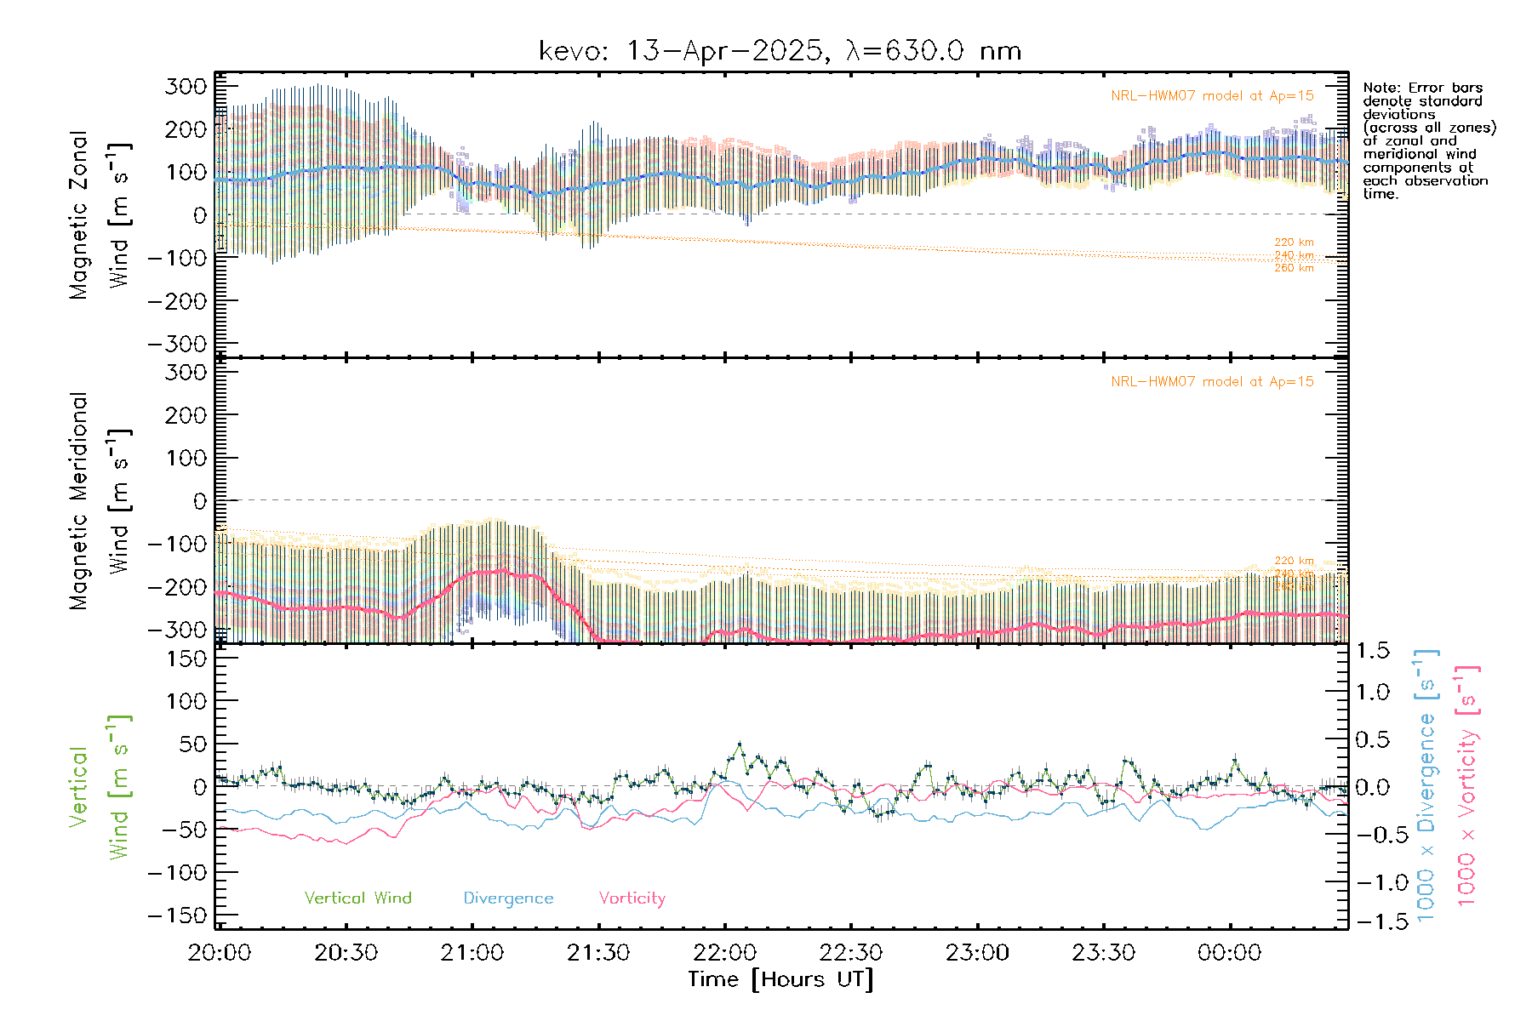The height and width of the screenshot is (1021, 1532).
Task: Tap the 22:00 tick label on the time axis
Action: pyautogui.click(x=724, y=953)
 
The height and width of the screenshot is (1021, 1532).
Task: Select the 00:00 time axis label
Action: pyautogui.click(x=1229, y=953)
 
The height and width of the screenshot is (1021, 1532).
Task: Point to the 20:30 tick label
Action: pyautogui.click(x=346, y=953)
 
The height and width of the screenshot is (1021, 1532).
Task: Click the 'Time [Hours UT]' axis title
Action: pyautogui.click(x=780, y=979)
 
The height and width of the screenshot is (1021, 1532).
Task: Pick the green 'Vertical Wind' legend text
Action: pyautogui.click(x=357, y=898)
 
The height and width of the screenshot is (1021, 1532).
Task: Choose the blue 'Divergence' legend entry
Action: pyautogui.click(x=508, y=898)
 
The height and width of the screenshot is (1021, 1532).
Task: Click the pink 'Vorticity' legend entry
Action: pyautogui.click(x=632, y=898)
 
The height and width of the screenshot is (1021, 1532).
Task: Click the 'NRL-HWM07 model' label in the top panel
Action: pyautogui.click(x=1212, y=96)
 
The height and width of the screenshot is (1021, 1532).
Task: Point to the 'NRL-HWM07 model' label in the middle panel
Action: pyautogui.click(x=1212, y=382)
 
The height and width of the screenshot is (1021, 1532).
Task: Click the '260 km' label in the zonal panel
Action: pyautogui.click(x=1294, y=268)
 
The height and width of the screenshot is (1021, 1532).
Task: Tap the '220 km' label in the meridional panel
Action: pyautogui.click(x=1294, y=561)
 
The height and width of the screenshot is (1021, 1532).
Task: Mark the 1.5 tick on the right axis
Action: pyautogui.click(x=1373, y=651)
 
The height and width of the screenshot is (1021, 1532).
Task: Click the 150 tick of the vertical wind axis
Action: pyautogui.click(x=186, y=659)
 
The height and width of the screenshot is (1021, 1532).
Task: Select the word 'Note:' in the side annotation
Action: pyautogui.click(x=1380, y=88)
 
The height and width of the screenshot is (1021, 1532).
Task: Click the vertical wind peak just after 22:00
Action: pyautogui.click(x=739, y=744)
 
